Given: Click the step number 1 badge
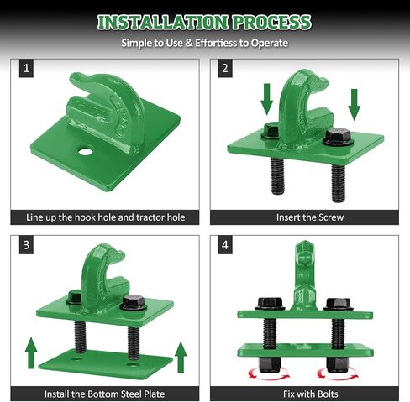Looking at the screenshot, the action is (x=26, y=68).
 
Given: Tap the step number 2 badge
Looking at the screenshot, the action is (x=225, y=68).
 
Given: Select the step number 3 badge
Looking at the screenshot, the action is (x=26, y=245).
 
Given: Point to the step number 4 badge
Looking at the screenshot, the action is (x=225, y=245).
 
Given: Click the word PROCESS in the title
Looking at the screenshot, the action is (x=271, y=23).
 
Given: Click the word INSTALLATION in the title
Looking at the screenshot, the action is (x=163, y=23).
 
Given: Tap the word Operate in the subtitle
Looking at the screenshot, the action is (x=270, y=43).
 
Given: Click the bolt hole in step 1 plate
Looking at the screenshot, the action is (x=86, y=152).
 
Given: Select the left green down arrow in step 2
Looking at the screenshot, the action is (x=266, y=99).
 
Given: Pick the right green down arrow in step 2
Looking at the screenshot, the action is (x=355, y=105).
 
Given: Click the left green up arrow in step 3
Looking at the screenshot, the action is (x=31, y=353).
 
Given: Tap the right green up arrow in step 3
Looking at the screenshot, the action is (x=181, y=358).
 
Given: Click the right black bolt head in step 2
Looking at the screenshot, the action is (x=339, y=137).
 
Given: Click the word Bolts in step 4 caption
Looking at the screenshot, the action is (x=326, y=394).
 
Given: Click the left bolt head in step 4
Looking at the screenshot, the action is (x=270, y=304).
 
